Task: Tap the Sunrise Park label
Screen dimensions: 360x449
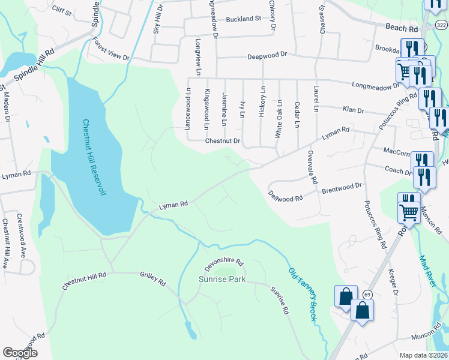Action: point(221,280)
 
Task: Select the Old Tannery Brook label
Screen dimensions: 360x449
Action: point(302,294)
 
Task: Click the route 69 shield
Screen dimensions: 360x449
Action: point(367,293)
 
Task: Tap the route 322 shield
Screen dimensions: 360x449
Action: point(441,25)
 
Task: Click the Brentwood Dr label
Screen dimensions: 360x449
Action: point(342,188)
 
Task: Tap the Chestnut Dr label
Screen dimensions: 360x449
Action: point(222,142)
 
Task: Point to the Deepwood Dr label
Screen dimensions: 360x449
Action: point(268,55)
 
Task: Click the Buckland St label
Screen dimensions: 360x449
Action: point(243,19)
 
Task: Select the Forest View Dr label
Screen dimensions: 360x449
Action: point(111,50)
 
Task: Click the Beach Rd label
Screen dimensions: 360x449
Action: point(401,28)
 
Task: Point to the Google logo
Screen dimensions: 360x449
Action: point(20,353)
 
